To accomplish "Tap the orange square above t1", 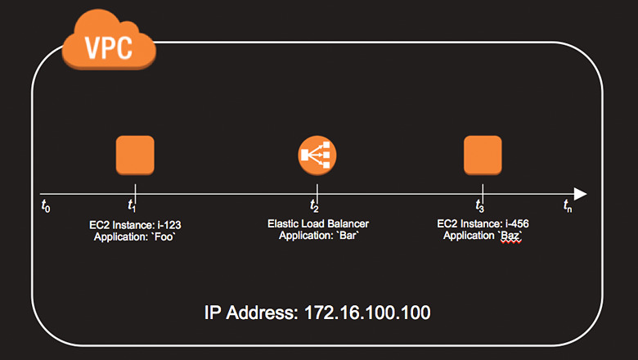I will coord(135,155).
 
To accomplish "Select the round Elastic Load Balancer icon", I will coord(317,155).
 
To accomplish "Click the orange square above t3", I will coord(483,155).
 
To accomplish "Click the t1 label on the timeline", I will coord(133,205).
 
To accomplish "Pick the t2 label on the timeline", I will coord(315,205).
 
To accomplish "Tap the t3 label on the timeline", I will coord(481,205).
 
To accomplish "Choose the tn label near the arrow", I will coord(568,207).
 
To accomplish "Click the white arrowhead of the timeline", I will coord(580,194).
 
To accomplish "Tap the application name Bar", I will coord(346,236).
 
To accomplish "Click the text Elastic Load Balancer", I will coord(317,223).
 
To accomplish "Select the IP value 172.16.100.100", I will coord(367,313).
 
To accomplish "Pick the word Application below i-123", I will coord(117,236).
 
